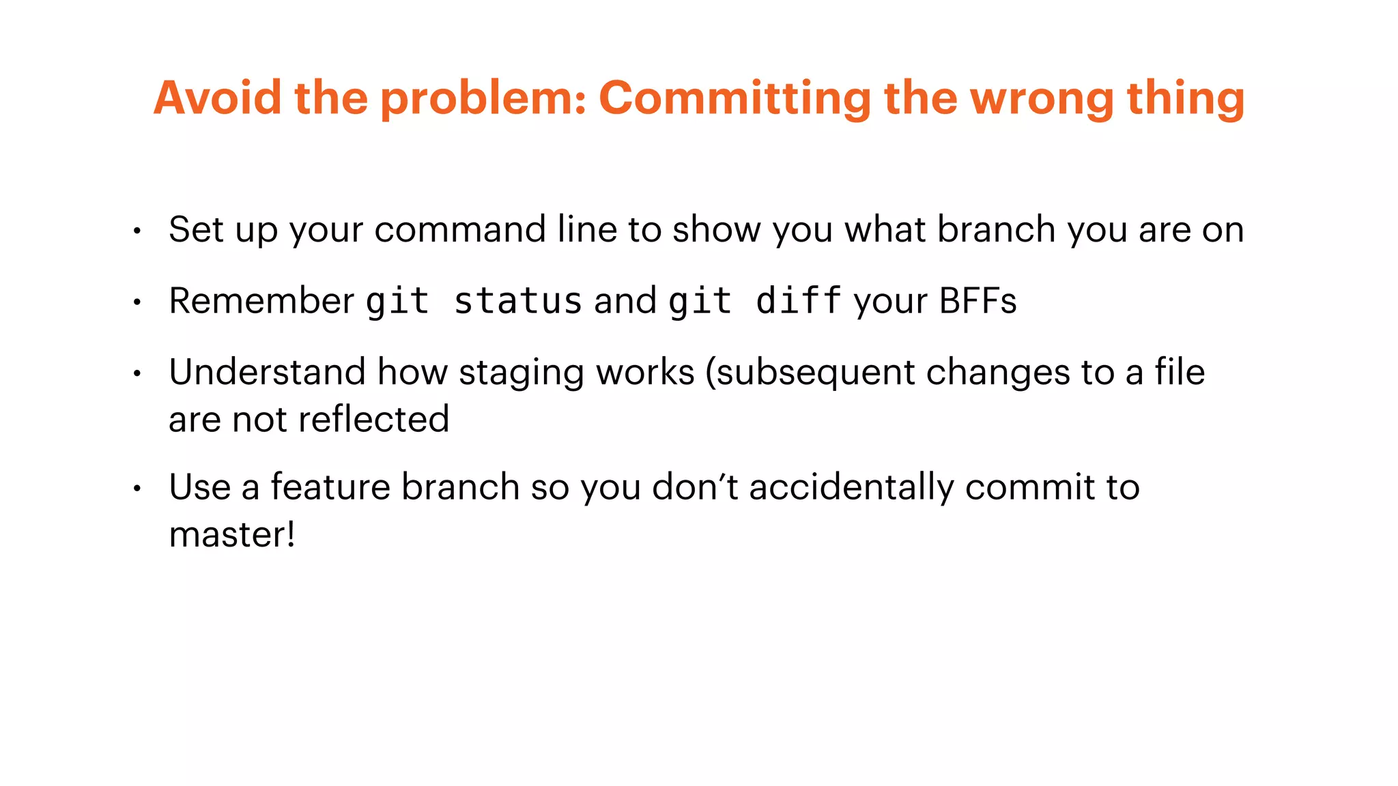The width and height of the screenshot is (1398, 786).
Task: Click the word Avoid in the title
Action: coord(217,98)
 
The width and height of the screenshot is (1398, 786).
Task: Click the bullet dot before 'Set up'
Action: coord(137,231)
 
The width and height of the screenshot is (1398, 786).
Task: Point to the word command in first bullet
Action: coord(459,229)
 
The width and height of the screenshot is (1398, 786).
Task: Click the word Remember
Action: coord(261,301)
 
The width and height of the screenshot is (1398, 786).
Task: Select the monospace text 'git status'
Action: coord(473,302)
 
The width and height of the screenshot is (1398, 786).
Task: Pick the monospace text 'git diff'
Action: coord(754,302)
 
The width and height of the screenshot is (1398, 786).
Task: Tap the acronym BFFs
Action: coord(978,301)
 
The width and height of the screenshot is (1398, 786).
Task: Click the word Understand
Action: coord(267,373)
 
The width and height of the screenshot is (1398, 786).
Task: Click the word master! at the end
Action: coord(232,534)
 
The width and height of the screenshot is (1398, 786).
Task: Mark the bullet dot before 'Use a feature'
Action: coord(137,489)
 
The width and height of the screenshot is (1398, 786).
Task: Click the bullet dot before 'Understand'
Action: coord(137,374)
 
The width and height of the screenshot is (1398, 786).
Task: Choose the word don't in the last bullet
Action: coord(695,487)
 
